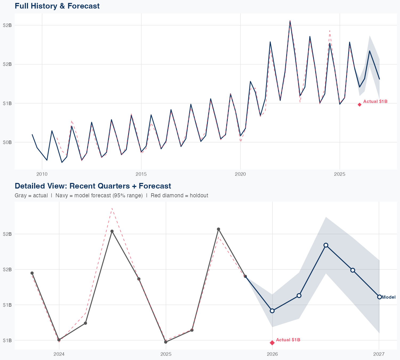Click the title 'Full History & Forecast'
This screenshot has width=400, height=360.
tap(57, 6)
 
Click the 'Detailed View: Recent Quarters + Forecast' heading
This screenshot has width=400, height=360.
tap(93, 186)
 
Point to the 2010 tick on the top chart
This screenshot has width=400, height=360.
tap(42, 174)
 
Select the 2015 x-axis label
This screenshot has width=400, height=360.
tap(141, 174)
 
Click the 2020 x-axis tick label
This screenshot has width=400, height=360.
tap(240, 174)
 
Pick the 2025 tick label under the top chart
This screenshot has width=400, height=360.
tap(339, 174)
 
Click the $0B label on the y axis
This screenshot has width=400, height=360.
tap(7, 142)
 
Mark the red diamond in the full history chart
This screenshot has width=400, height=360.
tap(359, 105)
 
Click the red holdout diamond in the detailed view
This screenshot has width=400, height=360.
tap(272, 343)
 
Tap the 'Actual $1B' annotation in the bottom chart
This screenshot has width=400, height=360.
tap(288, 340)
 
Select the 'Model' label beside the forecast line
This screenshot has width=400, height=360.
tap(389, 297)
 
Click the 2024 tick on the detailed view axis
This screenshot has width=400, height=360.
tap(59, 354)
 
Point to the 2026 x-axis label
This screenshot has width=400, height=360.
tap(272, 354)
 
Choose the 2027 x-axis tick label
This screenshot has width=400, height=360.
tap(379, 354)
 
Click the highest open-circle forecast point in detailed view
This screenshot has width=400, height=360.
tap(326, 245)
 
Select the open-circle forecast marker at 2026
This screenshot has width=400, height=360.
tap(272, 311)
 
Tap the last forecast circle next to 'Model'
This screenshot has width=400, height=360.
tap(379, 297)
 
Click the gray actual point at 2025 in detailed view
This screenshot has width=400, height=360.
tap(166, 342)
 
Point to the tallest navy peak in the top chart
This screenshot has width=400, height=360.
tap(290, 21)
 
